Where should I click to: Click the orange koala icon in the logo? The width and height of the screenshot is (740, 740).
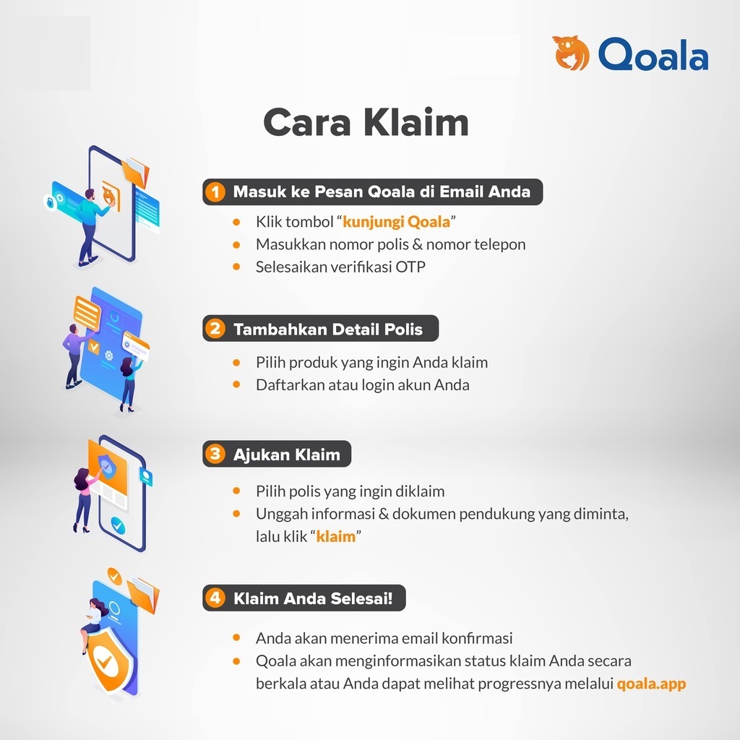click(x=571, y=53)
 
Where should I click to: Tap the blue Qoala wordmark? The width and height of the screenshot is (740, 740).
click(x=653, y=54)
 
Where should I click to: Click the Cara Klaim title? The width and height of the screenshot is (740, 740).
click(x=366, y=123)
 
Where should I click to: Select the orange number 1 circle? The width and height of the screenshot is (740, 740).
click(x=215, y=192)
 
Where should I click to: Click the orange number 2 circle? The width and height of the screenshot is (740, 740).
click(x=215, y=329)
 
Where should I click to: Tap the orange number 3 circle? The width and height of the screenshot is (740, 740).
click(x=215, y=454)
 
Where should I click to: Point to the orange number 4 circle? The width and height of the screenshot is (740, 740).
click(x=215, y=598)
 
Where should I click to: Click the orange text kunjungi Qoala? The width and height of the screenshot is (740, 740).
click(x=397, y=222)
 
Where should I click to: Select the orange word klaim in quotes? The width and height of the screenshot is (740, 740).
click(x=335, y=537)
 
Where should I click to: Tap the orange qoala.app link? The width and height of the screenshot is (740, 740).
click(x=651, y=684)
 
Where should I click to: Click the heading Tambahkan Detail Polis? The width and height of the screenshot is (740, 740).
click(x=328, y=329)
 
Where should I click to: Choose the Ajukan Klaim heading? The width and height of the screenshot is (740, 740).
click(x=286, y=455)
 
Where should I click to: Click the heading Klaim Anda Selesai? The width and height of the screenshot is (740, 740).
click(x=313, y=598)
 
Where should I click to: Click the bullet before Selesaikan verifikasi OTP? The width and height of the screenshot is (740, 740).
click(x=236, y=267)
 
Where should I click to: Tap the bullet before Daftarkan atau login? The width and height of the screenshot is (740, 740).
click(x=236, y=384)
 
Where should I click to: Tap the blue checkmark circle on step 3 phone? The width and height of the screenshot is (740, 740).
click(x=118, y=525)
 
